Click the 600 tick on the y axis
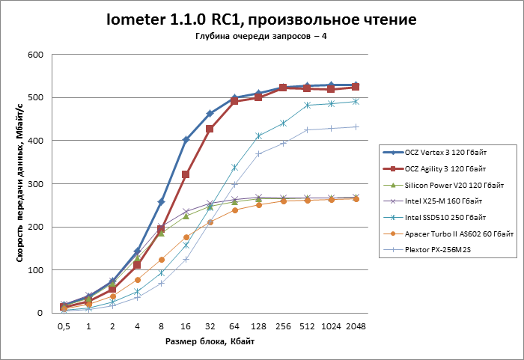pyautogui.click(x=35, y=55)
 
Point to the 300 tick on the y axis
pyautogui.click(x=35, y=183)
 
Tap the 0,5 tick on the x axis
pyautogui.click(x=64, y=327)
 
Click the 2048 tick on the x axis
pyautogui.click(x=356, y=327)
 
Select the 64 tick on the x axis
pyautogui.click(x=234, y=327)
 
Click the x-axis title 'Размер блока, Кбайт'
pyautogui.click(x=210, y=342)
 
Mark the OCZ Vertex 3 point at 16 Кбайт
pyautogui.click(x=186, y=140)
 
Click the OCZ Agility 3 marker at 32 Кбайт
pyautogui.click(x=210, y=129)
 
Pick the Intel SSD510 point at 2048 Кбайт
pyautogui.click(x=356, y=101)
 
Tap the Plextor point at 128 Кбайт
pyautogui.click(x=259, y=154)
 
